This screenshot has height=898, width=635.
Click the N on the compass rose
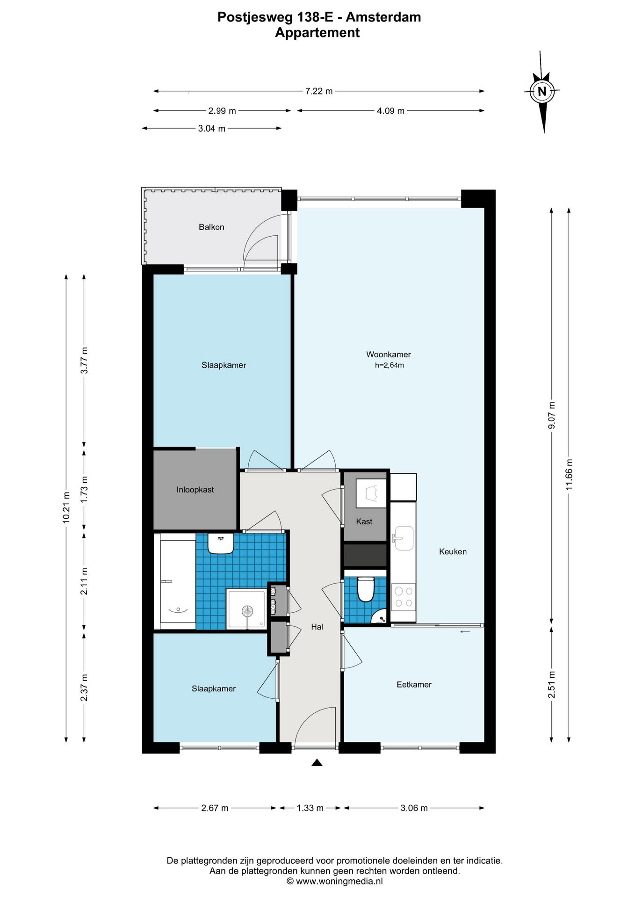(542, 92)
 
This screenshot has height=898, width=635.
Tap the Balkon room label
(211, 227)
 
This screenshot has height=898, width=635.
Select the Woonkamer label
(389, 355)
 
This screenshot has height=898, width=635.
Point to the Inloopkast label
(195, 490)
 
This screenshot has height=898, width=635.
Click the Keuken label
(453, 552)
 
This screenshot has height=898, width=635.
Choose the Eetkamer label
(414, 685)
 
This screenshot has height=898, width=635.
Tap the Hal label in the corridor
(317, 627)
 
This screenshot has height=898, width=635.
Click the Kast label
(364, 521)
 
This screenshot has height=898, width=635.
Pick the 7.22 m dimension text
(319, 91)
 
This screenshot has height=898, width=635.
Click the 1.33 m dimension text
(310, 808)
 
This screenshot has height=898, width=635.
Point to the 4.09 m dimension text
(390, 111)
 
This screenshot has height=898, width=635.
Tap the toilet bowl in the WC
(366, 589)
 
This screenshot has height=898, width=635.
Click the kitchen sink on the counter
(403, 538)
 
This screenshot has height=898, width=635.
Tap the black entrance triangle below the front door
(317, 763)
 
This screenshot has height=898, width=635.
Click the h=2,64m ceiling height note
(390, 365)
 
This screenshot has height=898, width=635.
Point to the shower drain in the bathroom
(247, 611)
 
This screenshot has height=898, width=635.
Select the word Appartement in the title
(317, 33)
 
